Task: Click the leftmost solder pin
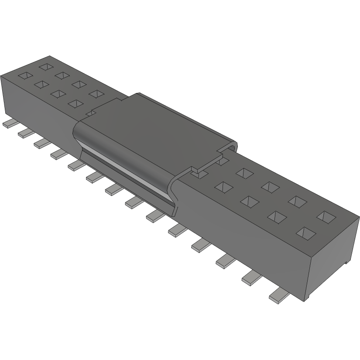coord(8,124)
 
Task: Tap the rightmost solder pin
coord(279,296)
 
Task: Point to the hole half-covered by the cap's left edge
coord(90,113)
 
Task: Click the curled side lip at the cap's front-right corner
coord(175,196)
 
